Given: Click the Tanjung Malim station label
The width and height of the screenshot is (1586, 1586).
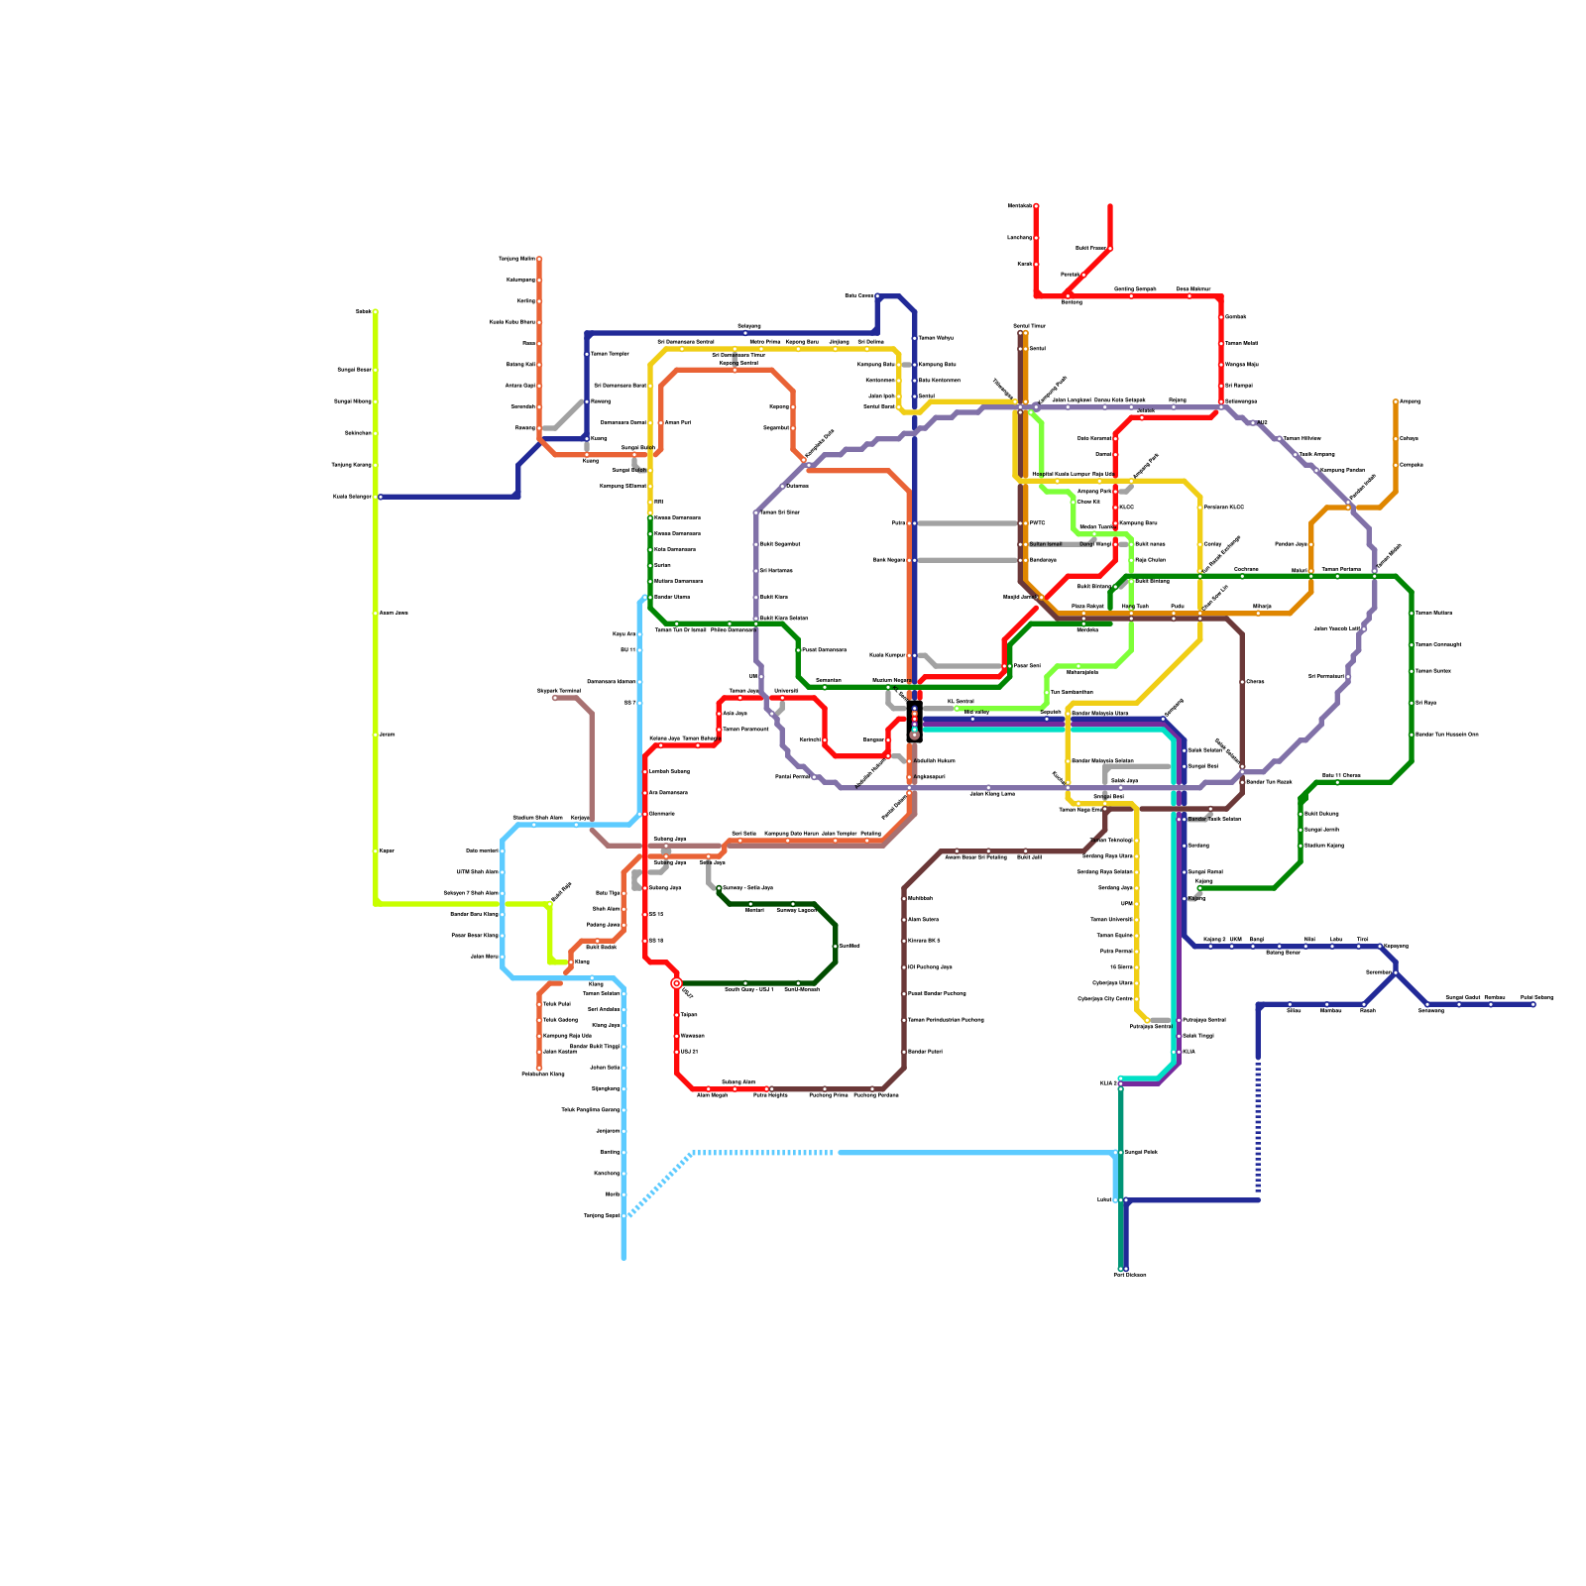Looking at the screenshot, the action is pyautogui.click(x=516, y=259).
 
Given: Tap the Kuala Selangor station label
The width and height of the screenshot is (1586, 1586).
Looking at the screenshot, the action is pyautogui.click(x=352, y=497).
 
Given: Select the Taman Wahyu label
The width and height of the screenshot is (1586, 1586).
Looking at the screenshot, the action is pyautogui.click(x=936, y=338).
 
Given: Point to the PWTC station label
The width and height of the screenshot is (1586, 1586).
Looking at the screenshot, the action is pyautogui.click(x=1037, y=522).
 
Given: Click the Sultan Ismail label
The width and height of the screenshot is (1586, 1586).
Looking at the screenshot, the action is pyautogui.click(x=1045, y=543).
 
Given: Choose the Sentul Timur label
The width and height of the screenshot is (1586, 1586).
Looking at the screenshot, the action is pyautogui.click(x=1029, y=325).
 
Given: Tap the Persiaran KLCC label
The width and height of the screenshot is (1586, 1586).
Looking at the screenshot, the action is pyautogui.click(x=1223, y=507).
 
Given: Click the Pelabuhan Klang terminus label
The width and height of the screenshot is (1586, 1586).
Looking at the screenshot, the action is pyautogui.click(x=542, y=1074).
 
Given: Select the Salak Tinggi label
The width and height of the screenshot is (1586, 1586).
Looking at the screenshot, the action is pyautogui.click(x=1197, y=1035).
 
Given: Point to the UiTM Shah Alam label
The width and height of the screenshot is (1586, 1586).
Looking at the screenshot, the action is pyautogui.click(x=477, y=871).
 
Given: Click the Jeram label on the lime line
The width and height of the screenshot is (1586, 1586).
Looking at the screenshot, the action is pyautogui.click(x=387, y=735).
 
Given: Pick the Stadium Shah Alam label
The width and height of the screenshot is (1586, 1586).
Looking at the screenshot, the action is pyautogui.click(x=537, y=817).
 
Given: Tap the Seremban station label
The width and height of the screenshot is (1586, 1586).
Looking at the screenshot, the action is pyautogui.click(x=1378, y=971).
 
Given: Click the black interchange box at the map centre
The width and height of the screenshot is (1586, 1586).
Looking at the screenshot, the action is pyautogui.click(x=914, y=721).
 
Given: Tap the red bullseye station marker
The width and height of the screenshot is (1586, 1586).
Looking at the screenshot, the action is pyautogui.click(x=677, y=983).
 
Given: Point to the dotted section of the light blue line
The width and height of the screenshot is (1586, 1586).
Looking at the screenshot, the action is pyautogui.click(x=763, y=1153).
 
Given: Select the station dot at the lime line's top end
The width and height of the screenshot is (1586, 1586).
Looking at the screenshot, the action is pyautogui.click(x=376, y=311).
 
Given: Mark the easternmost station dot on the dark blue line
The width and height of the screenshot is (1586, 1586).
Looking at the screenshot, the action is pyautogui.click(x=1532, y=1004).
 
